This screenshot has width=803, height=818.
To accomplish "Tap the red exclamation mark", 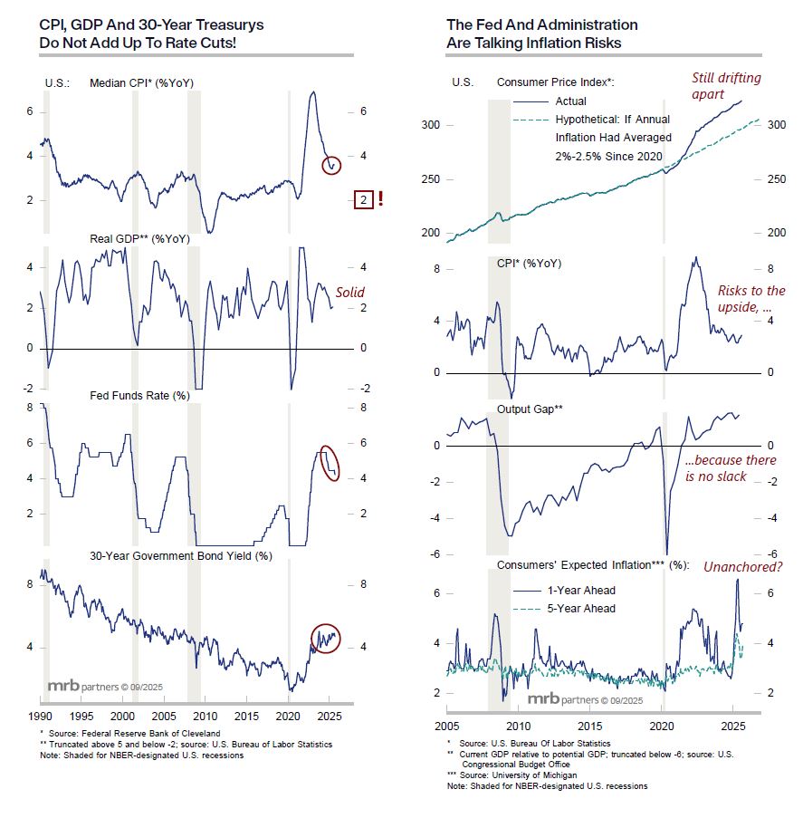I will click(380, 199).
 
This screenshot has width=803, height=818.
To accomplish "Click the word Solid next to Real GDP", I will click(350, 293).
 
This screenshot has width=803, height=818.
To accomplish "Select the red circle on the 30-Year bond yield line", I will click(324, 639).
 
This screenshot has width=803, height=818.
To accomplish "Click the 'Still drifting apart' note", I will click(727, 85).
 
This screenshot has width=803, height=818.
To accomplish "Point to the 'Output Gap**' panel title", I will click(531, 409).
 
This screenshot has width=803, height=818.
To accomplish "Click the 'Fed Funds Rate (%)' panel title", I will click(139, 395).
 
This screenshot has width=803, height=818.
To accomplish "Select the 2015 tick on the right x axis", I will click(589, 727).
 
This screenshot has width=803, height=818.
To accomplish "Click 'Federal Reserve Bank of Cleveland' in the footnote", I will click(145, 733).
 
